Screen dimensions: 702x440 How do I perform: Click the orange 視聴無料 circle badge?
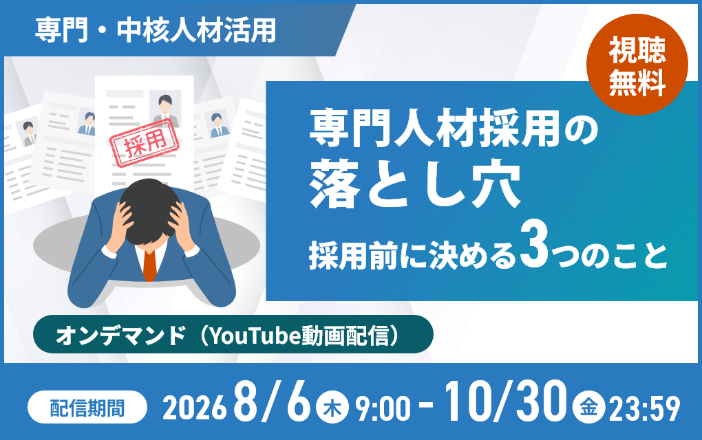pyautogui.click(x=637, y=65)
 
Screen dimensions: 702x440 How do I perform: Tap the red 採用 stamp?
pyautogui.click(x=145, y=144)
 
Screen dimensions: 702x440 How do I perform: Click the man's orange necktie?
pyautogui.click(x=150, y=265)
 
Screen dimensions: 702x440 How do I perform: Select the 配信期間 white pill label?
pyautogui.click(x=87, y=407)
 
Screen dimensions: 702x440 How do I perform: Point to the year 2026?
pyautogui.click(x=194, y=408)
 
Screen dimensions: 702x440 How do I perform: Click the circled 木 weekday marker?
pyautogui.click(x=332, y=408)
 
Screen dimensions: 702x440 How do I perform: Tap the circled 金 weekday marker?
pyautogui.click(x=588, y=408)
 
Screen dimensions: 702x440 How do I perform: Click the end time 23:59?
pyautogui.click(x=644, y=408)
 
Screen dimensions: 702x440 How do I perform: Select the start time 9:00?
pyautogui.click(x=383, y=408)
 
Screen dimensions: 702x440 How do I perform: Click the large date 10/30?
pyautogui.click(x=505, y=401)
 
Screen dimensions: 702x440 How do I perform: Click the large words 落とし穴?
pyautogui.click(x=415, y=185)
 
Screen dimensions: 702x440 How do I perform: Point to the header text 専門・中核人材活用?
pyautogui.click(x=156, y=30)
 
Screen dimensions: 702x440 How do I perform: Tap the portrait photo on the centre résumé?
pyautogui.click(x=165, y=108)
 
